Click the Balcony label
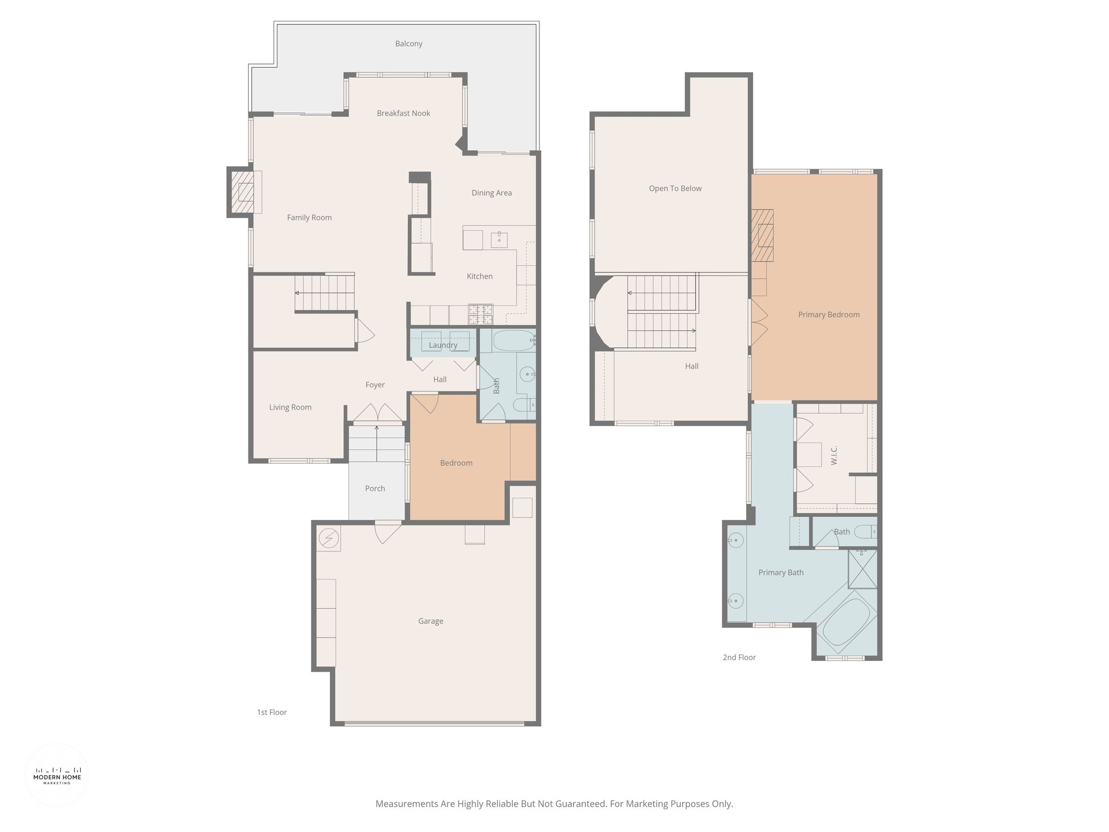tap(408, 44)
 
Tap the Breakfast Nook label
tap(403, 113)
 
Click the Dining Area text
tap(491, 193)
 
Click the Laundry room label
tap(443, 345)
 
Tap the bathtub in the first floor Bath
tap(514, 341)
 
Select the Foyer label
tap(375, 385)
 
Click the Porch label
tap(375, 489)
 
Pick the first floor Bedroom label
tap(456, 463)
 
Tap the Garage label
tap(430, 621)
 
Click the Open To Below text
tap(675, 188)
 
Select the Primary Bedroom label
tap(829, 315)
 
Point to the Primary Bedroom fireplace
tap(762, 236)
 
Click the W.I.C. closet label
tap(834, 456)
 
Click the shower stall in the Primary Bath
tap(862, 569)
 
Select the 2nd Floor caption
tap(739, 658)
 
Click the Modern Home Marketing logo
tap(57, 775)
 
